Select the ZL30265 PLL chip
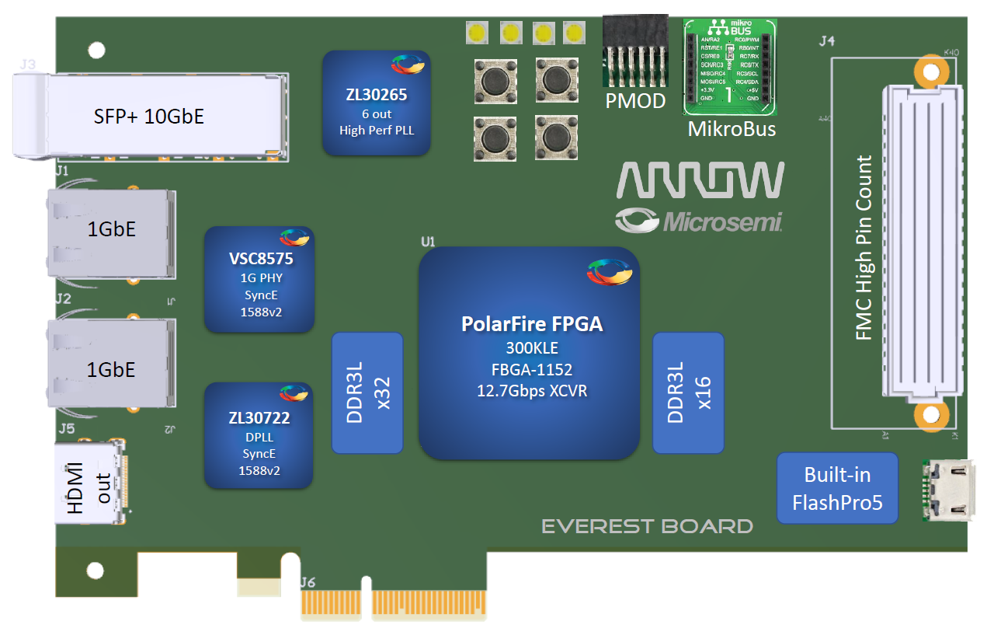pos(376,103)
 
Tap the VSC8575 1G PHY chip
pos(259,280)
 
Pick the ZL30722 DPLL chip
pos(259,435)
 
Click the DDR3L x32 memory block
pos(367,392)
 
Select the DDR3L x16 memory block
pos(688,392)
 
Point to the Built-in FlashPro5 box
pos(837,488)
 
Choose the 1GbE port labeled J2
pos(111,365)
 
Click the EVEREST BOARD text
pos(647,527)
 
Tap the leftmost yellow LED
pos(476,33)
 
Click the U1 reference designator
pos(428,242)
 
